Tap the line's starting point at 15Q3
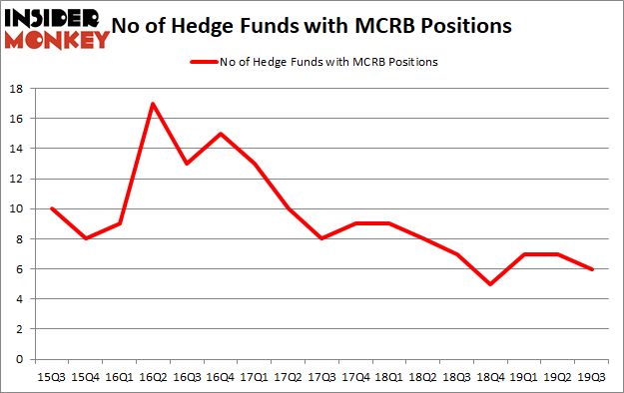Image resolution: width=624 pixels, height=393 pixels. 51,208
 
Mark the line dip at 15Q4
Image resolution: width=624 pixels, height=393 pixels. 86,238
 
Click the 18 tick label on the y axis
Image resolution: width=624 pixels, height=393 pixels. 18,89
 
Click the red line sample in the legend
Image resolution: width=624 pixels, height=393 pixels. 204,62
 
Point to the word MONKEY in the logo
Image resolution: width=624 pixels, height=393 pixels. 56,40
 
